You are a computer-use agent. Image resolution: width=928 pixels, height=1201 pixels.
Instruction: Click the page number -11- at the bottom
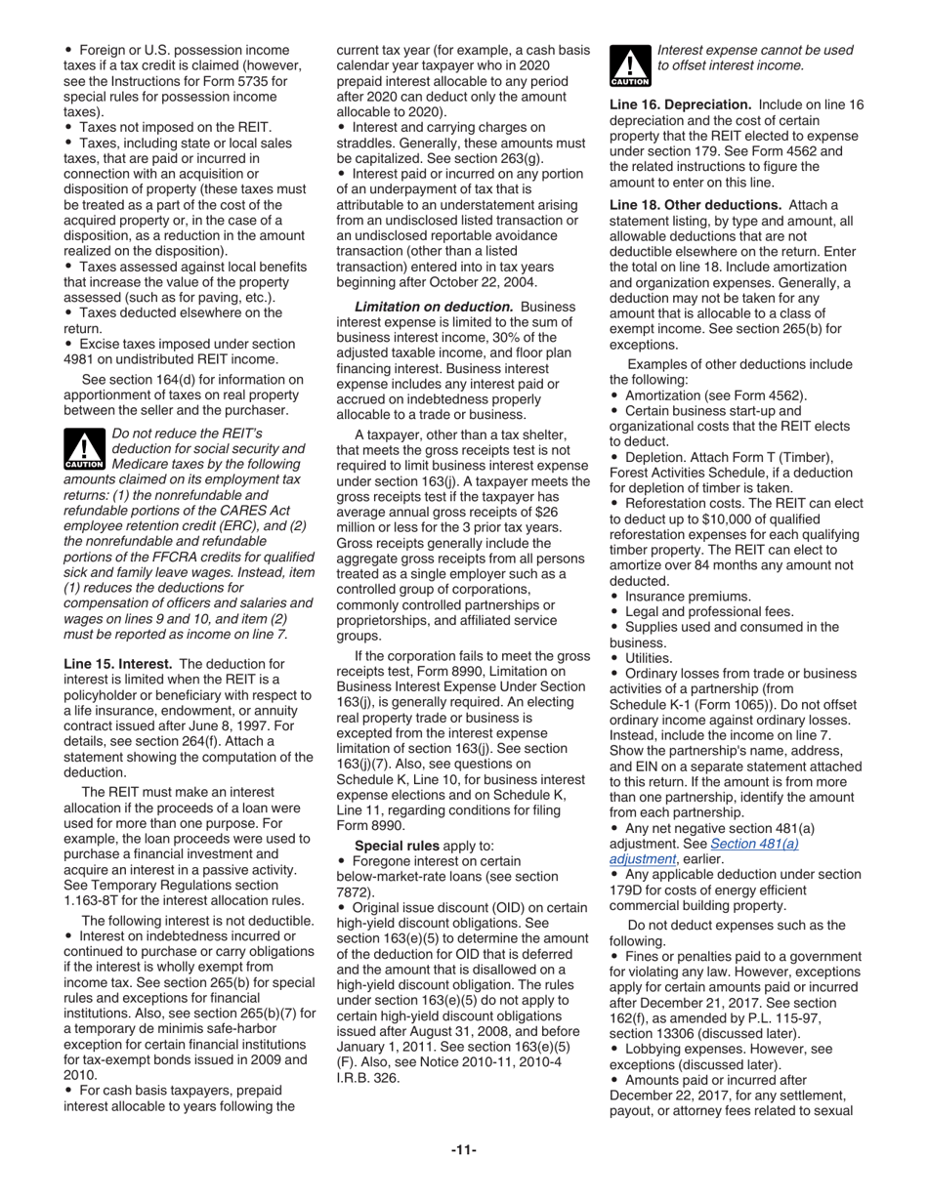point(463,1150)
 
